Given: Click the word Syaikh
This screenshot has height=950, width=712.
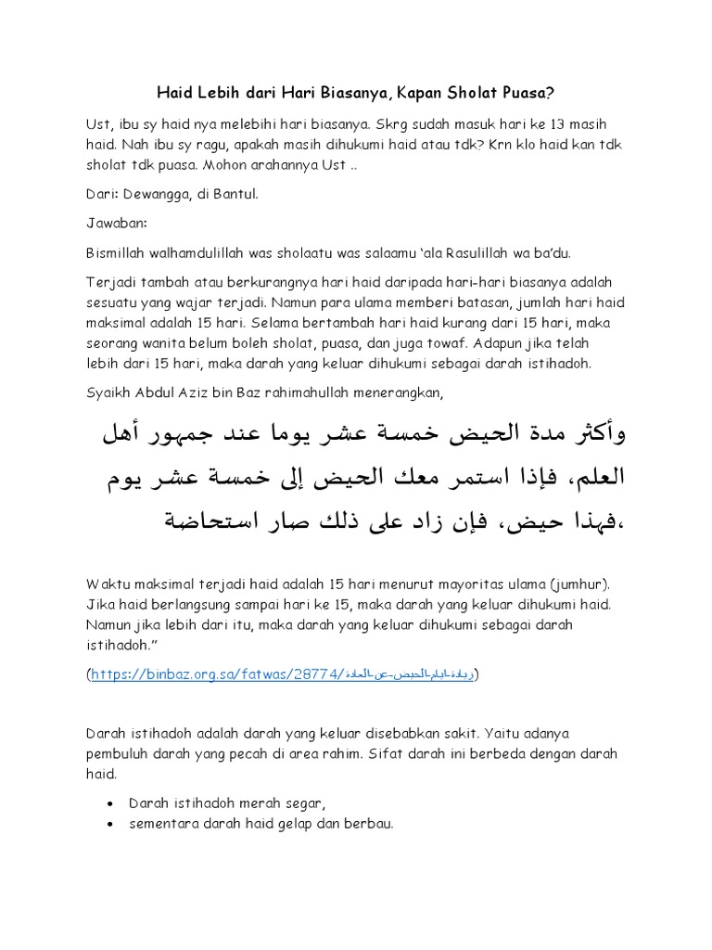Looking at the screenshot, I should click(x=107, y=393).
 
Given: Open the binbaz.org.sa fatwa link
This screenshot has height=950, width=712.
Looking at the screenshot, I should click(x=283, y=674).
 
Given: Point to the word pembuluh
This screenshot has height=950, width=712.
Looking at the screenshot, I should click(x=117, y=754).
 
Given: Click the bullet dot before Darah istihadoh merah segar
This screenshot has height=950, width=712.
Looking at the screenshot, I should click(x=111, y=802).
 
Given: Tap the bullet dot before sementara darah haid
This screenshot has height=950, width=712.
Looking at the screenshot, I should click(x=111, y=823).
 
